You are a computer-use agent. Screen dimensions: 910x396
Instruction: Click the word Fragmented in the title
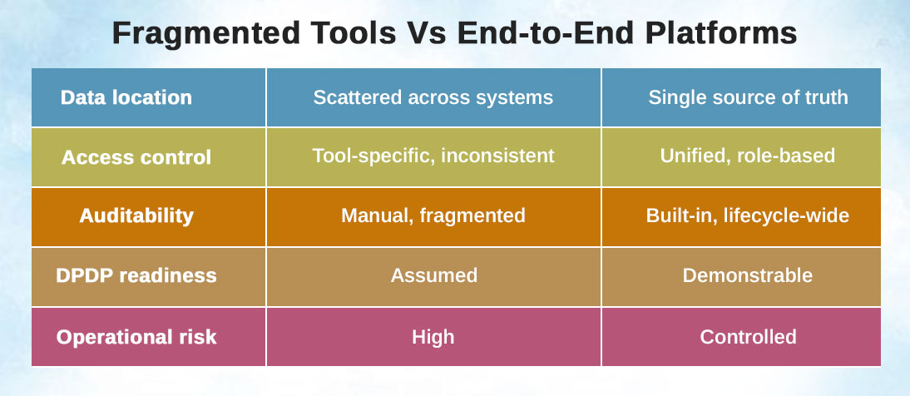[x=206, y=34]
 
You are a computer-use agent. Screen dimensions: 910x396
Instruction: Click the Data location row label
[x=126, y=97]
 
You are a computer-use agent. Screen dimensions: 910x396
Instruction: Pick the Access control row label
[x=136, y=157]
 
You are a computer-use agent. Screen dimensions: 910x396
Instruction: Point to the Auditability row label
[x=136, y=216]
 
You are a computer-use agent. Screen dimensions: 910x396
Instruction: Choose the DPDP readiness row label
[x=136, y=275]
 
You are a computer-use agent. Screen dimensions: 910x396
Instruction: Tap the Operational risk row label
[x=136, y=337]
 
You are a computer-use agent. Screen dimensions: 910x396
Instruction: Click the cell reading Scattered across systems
[x=433, y=97]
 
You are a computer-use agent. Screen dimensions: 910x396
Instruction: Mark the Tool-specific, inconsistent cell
[x=433, y=156]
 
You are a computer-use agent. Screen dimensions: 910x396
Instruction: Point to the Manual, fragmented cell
[x=433, y=216]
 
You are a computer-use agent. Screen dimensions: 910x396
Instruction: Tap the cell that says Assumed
[x=434, y=275]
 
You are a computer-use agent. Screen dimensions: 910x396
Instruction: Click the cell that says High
[x=433, y=338]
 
